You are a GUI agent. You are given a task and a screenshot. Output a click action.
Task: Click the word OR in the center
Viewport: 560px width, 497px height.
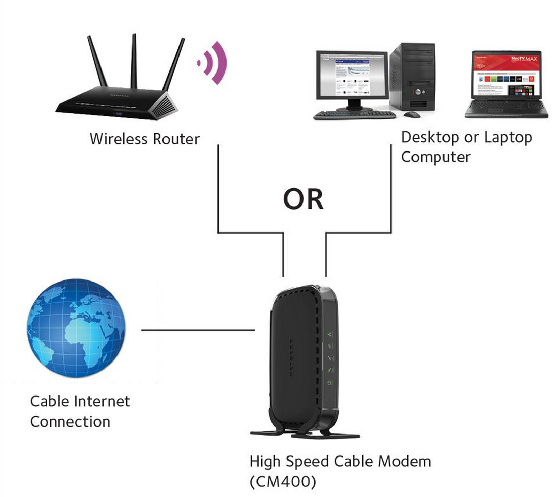[x=303, y=199]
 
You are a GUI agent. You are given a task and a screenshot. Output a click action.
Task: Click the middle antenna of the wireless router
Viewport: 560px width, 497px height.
[x=134, y=61]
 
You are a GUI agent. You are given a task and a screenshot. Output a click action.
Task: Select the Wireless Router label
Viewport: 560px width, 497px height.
[x=144, y=139]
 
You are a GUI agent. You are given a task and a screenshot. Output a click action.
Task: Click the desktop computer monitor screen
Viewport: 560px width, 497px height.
[x=352, y=76]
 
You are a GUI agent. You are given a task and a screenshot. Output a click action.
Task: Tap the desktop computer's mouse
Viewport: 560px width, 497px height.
[x=412, y=114]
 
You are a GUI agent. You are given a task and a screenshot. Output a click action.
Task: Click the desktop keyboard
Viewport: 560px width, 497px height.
[x=354, y=115]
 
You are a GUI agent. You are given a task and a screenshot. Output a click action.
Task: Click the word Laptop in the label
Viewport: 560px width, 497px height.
[x=508, y=138]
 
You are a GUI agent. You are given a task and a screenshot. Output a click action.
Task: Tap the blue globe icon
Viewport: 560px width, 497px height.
[x=76, y=328]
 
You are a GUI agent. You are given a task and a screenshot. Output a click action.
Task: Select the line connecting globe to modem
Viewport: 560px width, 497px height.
[x=198, y=330]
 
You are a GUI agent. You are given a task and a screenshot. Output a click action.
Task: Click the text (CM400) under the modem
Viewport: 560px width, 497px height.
[x=283, y=481]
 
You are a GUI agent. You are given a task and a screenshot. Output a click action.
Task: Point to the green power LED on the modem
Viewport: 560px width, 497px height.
[x=329, y=383]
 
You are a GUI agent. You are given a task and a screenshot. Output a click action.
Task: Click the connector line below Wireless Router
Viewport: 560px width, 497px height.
[x=218, y=187]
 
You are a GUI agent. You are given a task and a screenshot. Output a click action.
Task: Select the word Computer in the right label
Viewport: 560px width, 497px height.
[x=436, y=157]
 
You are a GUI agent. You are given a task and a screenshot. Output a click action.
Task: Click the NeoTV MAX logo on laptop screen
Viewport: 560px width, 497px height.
[x=524, y=59]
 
